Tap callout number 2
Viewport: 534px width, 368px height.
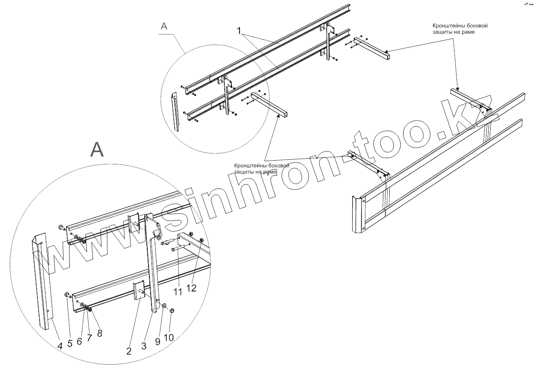[x=129, y=351]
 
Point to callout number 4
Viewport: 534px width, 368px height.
[x=60, y=346]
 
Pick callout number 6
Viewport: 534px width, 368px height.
[x=79, y=342]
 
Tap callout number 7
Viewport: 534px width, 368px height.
[x=89, y=337]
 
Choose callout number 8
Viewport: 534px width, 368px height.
[x=99, y=333]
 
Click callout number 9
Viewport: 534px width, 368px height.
[x=158, y=342]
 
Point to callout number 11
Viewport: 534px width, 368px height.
[x=178, y=291]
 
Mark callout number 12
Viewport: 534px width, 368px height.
[x=191, y=288]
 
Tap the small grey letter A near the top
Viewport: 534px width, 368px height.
[x=164, y=26]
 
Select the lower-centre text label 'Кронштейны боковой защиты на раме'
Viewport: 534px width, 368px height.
[x=261, y=169]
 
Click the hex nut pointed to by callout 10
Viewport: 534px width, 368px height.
[x=172, y=310]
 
